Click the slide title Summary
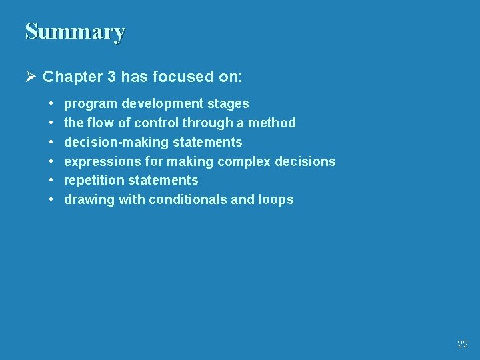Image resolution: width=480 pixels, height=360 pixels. pos(75,32)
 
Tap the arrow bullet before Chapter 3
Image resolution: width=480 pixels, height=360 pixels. pos(30,77)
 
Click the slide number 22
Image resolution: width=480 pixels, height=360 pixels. pos(463,344)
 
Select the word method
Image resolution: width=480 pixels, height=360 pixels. pos(272,123)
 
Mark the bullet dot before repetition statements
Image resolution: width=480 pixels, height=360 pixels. pos(51,181)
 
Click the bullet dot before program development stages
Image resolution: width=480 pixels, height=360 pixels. pos(51,104)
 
